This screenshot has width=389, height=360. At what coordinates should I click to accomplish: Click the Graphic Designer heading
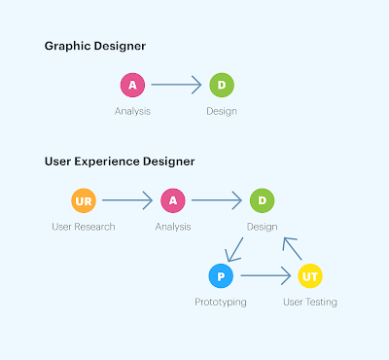[95, 46]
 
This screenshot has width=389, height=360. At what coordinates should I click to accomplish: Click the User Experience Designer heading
[120, 162]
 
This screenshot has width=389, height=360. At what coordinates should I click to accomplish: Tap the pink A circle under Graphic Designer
[132, 85]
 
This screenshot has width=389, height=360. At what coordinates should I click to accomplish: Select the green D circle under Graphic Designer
[222, 85]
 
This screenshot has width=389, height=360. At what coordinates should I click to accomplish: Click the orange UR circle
[84, 200]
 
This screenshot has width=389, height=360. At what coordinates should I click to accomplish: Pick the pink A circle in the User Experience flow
[173, 200]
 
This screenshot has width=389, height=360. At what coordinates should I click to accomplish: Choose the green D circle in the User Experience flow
[262, 200]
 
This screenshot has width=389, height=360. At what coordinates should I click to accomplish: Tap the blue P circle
[221, 276]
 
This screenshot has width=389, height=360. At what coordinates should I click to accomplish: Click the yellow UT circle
[310, 276]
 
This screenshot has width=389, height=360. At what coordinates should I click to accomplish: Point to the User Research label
[84, 227]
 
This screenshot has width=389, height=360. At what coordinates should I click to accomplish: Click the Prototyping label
[221, 303]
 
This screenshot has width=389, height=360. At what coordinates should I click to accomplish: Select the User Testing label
[310, 302]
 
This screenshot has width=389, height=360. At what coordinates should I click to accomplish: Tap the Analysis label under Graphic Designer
[132, 111]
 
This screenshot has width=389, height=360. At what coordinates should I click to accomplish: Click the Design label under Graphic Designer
[222, 111]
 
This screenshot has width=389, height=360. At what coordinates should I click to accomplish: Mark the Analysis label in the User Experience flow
[173, 227]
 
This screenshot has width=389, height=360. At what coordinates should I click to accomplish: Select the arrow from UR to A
[127, 200]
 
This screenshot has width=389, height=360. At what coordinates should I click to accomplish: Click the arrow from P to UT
[265, 275]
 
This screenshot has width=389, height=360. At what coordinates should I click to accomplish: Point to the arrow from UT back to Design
[292, 249]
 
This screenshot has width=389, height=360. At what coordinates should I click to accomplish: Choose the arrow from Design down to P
[234, 249]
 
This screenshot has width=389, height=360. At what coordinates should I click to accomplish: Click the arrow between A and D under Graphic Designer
[176, 85]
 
